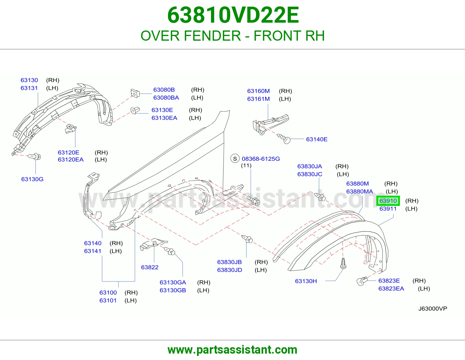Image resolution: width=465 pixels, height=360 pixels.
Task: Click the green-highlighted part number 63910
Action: (x=388, y=201)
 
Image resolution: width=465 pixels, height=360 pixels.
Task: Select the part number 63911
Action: (x=388, y=209)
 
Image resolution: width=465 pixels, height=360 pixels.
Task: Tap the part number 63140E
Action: (x=317, y=139)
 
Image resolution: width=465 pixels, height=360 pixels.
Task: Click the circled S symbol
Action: (x=235, y=159)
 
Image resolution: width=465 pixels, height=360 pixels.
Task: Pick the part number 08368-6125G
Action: (x=261, y=159)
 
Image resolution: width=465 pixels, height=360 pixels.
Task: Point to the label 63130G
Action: (x=32, y=179)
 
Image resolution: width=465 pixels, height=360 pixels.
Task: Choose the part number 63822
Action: (x=150, y=267)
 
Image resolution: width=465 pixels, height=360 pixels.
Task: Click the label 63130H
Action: (x=306, y=281)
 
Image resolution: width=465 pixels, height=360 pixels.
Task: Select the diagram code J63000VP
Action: (x=433, y=309)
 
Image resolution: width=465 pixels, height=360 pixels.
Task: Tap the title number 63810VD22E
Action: (x=233, y=15)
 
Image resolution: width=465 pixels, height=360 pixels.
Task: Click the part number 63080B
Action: (x=164, y=90)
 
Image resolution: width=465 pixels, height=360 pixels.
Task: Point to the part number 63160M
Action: (x=258, y=91)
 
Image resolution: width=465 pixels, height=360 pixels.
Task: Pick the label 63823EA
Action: (x=391, y=289)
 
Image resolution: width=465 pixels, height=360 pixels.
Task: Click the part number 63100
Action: (x=108, y=292)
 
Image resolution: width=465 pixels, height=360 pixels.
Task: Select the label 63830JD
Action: (x=229, y=270)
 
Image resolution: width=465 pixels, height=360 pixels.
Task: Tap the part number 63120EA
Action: (x=71, y=159)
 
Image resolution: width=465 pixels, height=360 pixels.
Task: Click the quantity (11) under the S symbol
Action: (x=246, y=165)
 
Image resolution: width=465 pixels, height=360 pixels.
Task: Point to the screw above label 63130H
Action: (x=343, y=263)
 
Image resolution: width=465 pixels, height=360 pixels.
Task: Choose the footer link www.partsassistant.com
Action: (x=233, y=350)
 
